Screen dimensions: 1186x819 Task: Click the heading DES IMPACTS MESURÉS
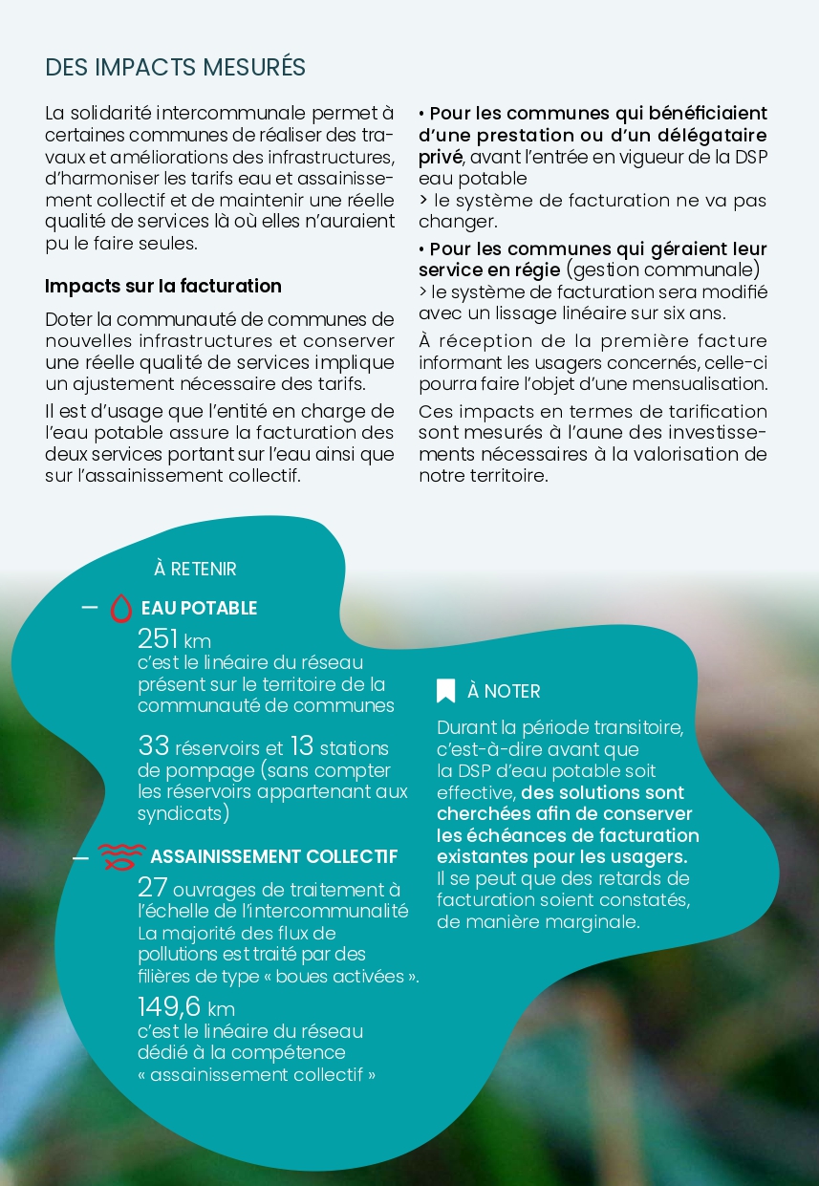[x=176, y=67]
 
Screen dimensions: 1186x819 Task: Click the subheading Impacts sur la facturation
[x=163, y=286]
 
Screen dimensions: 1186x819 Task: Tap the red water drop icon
[x=121, y=608]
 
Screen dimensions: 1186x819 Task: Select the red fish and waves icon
[x=121, y=856]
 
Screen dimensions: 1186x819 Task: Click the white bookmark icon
[x=445, y=691]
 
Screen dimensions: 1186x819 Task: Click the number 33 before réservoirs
[x=153, y=746]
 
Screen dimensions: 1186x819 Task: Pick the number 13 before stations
[x=301, y=746]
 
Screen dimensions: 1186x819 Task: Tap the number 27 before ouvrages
[x=153, y=888]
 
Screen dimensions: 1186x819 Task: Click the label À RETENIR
[x=195, y=569]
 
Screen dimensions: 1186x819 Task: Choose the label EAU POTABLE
[x=199, y=609]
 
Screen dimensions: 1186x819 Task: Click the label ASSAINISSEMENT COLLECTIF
[x=273, y=856]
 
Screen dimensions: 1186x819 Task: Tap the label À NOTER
[x=504, y=691]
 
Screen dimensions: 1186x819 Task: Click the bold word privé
[x=441, y=157]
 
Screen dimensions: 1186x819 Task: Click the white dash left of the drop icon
[x=90, y=608]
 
